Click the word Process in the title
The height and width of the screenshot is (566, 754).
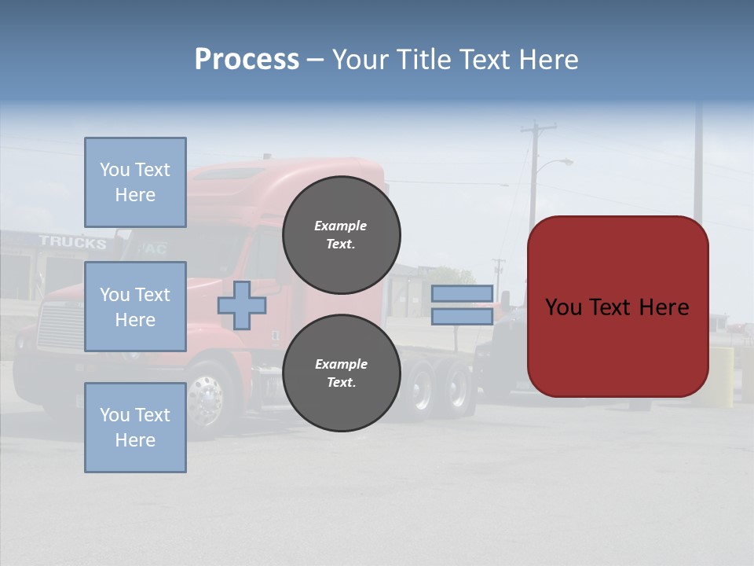click(247, 60)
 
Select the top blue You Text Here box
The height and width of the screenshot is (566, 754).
click(135, 182)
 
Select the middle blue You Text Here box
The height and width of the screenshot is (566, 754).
click(135, 307)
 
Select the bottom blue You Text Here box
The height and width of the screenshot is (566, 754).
click(135, 428)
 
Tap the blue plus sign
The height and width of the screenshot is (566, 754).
click(242, 305)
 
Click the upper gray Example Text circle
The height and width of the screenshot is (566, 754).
click(342, 235)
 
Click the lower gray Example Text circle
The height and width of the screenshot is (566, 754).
click(342, 373)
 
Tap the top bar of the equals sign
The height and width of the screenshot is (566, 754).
click(463, 294)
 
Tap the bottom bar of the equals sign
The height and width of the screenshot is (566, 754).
click(463, 317)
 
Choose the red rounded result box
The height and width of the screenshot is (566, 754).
click(618, 307)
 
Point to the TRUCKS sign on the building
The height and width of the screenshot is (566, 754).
click(72, 242)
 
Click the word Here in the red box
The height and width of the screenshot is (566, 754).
click(664, 307)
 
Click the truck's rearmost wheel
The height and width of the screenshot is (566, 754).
click(456, 387)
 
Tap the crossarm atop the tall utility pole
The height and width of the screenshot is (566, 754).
click(539, 127)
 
